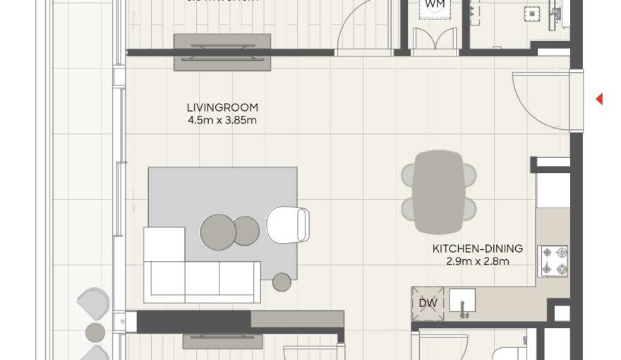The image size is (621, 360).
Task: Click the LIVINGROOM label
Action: tap(222, 107)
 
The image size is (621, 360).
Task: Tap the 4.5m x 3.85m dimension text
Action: tap(222, 120)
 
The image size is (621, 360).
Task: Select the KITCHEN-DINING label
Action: tap(478, 248)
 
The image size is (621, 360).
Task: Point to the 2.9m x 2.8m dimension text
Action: tap(478, 261)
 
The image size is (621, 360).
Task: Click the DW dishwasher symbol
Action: tap(428, 303)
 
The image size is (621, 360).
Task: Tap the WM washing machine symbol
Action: tap(435, 4)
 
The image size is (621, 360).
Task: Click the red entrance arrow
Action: tap(599, 100)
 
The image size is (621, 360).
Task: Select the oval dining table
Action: tap(439, 191)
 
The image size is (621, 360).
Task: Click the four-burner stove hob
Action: tap(553, 260)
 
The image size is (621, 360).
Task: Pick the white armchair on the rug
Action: tap(288, 224)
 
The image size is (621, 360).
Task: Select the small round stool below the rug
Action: tap(282, 282)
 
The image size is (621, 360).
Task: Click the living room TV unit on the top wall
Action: tap(222, 51)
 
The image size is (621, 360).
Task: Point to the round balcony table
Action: tap(95, 332)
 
